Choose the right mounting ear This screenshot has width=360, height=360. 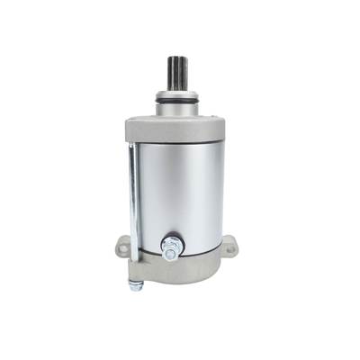(x=229, y=244)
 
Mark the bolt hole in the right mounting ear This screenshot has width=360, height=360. (x=229, y=243)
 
